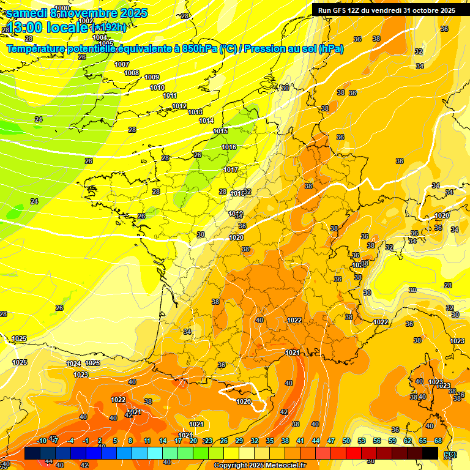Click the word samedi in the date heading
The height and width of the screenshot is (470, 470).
[27, 13]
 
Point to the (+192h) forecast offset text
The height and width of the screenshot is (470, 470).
[109, 27]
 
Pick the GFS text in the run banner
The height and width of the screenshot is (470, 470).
[340, 10]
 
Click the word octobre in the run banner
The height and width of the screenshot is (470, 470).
[425, 10]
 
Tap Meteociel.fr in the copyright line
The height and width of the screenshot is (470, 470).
[281, 466]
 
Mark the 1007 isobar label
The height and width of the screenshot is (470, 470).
[122, 64]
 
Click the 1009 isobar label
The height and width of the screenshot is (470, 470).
[152, 77]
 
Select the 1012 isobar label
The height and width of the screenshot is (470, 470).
[179, 106]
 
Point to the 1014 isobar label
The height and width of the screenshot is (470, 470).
[206, 121]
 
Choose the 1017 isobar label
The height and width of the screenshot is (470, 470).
[231, 170]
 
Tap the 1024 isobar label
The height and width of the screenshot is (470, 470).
[73, 364]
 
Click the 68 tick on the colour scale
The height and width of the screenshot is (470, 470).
[438, 441]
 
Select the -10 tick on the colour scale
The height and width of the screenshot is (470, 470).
[42, 441]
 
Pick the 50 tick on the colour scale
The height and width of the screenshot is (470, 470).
[346, 441]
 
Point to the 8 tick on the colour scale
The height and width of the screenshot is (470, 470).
[130, 441]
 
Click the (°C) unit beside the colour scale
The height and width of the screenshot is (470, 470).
[449, 453]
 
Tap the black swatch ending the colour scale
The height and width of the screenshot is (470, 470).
[430, 453]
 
